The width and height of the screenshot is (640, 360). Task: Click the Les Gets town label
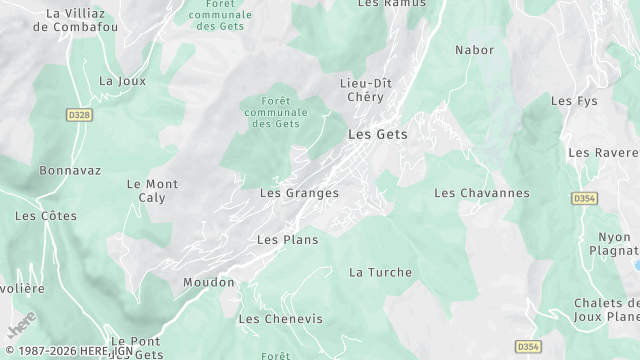377,134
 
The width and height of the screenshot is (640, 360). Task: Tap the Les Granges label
299,193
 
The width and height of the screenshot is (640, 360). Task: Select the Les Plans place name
287,240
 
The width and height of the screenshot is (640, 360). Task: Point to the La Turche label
380,272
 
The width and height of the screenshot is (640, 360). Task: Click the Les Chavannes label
482,193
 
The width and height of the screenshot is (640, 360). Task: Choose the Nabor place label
474,49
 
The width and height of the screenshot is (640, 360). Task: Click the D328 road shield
79,116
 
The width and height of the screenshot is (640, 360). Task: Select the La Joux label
122,81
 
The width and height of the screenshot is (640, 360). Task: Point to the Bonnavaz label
70,171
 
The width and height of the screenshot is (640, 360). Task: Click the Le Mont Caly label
152,191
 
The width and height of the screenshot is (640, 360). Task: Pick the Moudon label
208,283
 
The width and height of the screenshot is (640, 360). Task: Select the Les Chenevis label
280,319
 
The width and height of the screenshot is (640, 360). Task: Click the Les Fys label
574,101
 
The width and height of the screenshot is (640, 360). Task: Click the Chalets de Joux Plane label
606,310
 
